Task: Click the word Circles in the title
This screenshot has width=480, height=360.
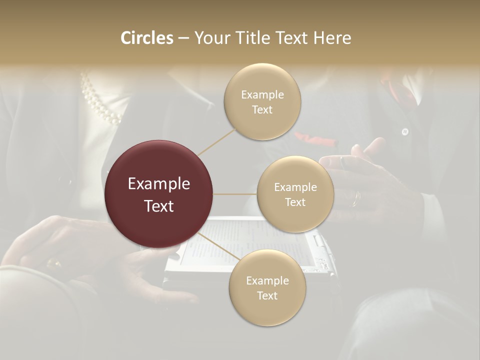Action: coord(146,38)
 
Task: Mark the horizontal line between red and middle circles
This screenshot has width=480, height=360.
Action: coord(235,194)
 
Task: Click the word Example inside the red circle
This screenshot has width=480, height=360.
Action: coord(158,184)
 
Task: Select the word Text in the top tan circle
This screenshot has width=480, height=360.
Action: coord(262,110)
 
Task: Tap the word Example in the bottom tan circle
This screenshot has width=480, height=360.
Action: coord(267,281)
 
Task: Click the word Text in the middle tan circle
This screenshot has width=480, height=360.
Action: coord(295,202)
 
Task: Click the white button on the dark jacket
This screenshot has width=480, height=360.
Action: coord(404,132)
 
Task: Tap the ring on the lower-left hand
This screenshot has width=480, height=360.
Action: coord(52,262)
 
